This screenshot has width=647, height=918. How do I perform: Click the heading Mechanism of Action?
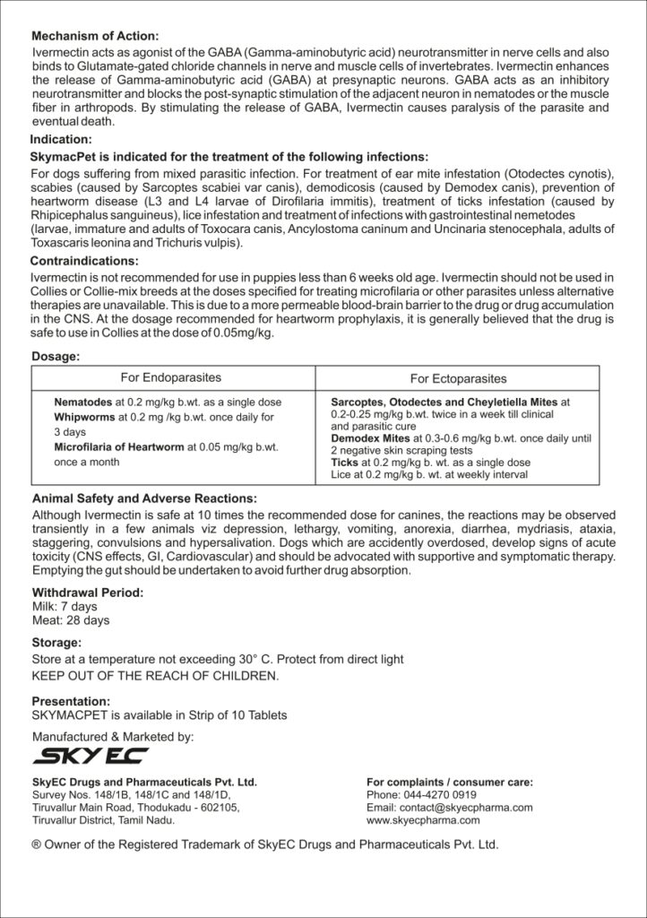click(94, 37)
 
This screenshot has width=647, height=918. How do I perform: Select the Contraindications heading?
click(84, 261)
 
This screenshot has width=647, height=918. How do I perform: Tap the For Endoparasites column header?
click(171, 377)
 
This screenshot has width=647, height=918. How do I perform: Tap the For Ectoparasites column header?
click(459, 378)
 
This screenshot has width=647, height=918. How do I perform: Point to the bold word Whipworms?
click(83, 418)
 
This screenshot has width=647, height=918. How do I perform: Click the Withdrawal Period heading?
click(87, 593)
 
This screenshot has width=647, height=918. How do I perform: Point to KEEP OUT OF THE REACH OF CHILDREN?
click(155, 675)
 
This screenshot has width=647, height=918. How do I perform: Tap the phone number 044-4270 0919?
click(440, 794)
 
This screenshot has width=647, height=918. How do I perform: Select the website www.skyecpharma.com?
click(423, 819)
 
